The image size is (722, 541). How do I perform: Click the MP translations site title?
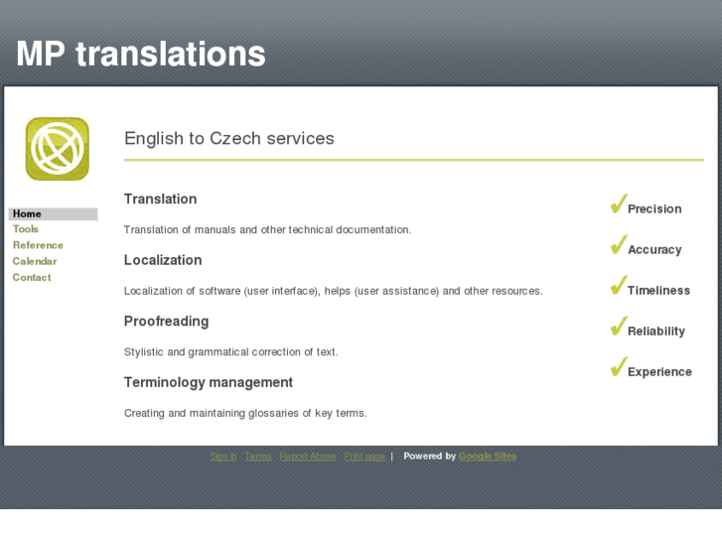click(141, 54)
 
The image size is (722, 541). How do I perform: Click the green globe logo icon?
click(58, 149)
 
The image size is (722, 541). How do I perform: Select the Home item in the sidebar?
click(27, 213)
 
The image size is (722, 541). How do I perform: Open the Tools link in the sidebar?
click(26, 229)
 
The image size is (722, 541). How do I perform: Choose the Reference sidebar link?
click(38, 245)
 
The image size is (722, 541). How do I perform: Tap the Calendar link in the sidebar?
click(35, 261)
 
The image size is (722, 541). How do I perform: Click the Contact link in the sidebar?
click(32, 277)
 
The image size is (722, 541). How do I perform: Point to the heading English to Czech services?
click(228, 139)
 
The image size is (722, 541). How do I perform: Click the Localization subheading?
click(163, 260)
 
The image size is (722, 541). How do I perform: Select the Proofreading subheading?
click(166, 322)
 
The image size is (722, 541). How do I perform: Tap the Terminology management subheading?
click(209, 382)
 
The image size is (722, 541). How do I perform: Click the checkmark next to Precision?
click(618, 205)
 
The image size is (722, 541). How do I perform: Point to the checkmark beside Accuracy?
click(618, 246)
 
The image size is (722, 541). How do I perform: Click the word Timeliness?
click(658, 291)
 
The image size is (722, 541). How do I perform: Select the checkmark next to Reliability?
click(618, 328)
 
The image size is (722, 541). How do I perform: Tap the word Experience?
click(659, 372)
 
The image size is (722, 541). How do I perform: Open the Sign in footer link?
click(223, 457)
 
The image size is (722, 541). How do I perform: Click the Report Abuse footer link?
click(308, 457)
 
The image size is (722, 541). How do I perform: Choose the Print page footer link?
click(364, 457)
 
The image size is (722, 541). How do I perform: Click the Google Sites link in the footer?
click(488, 457)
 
